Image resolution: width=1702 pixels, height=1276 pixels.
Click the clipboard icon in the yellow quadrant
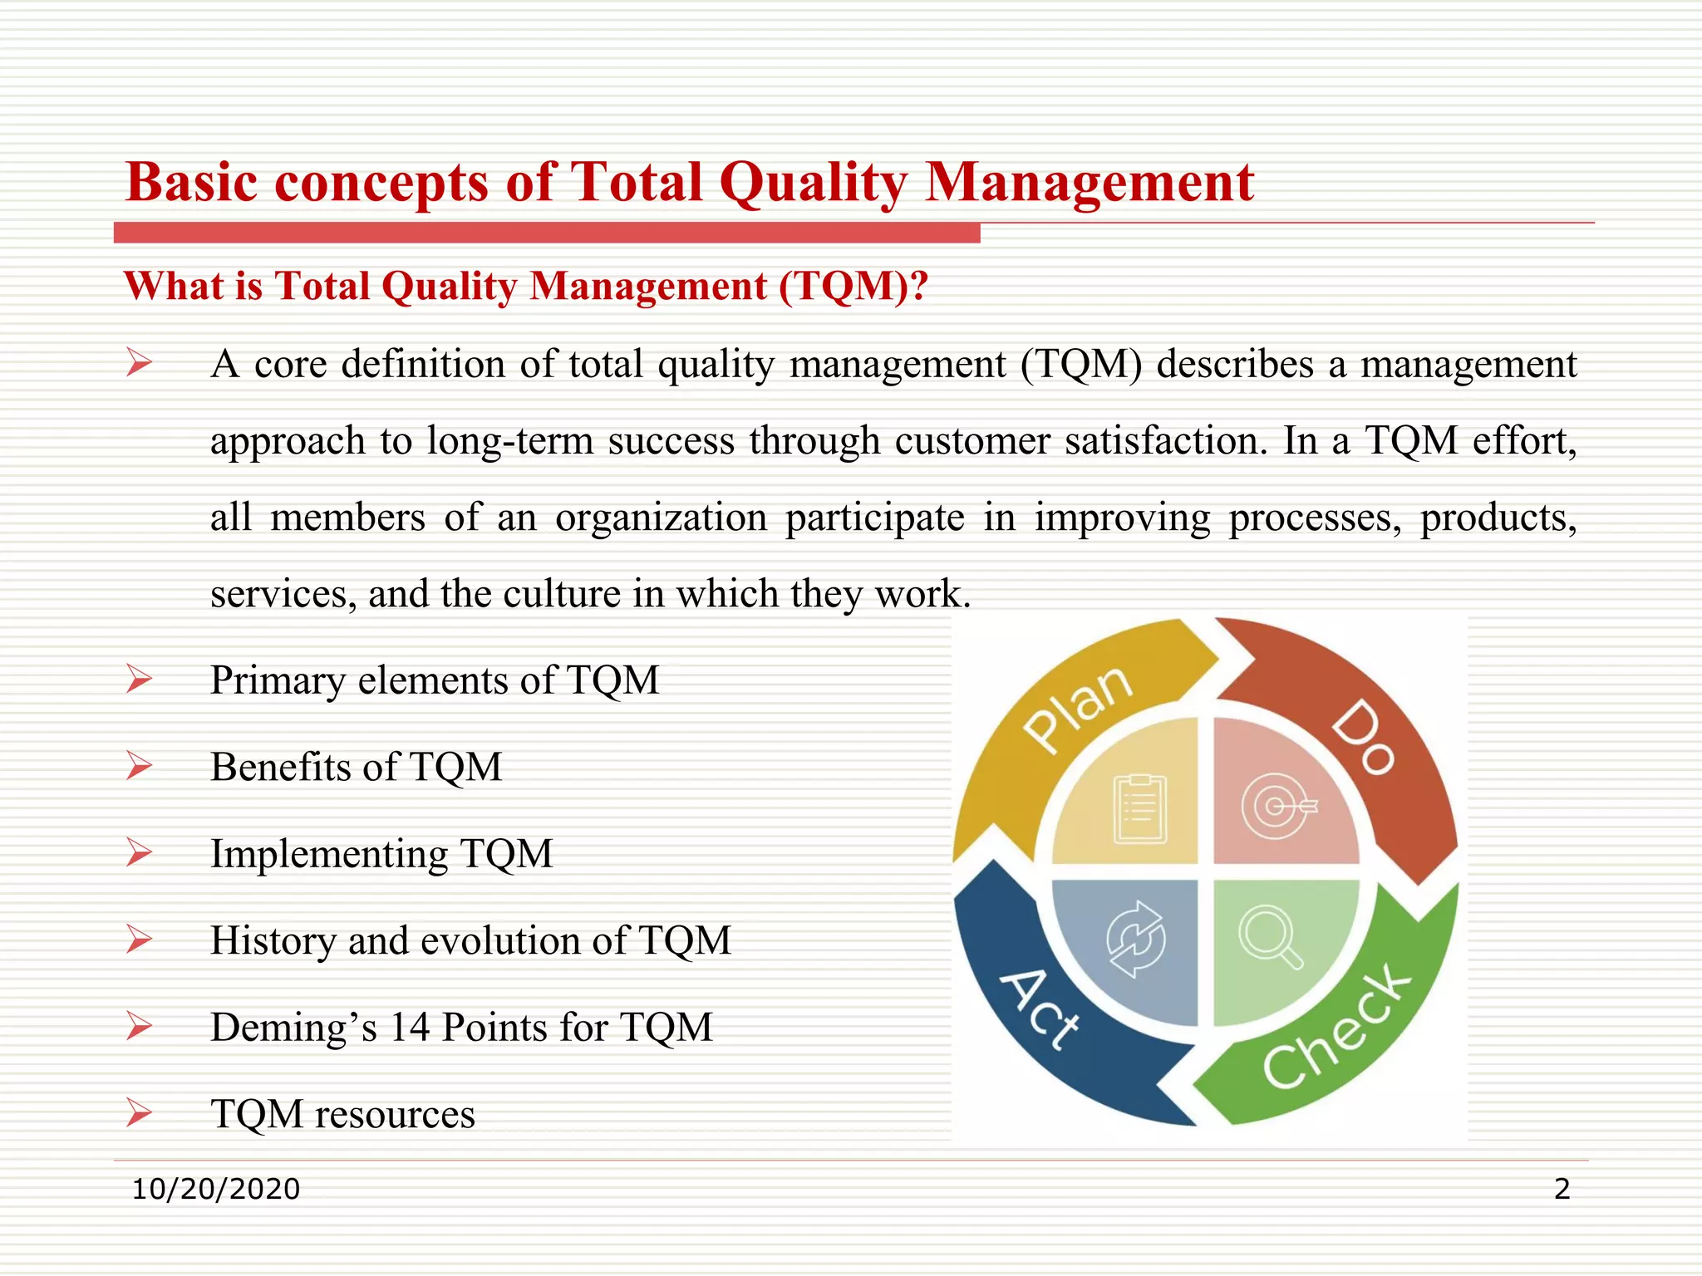[1140, 808]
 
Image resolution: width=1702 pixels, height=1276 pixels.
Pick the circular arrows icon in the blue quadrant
[1135, 940]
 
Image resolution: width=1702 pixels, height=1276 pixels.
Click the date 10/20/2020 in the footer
[216, 1189]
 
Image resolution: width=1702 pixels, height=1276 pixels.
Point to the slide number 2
[1562, 1189]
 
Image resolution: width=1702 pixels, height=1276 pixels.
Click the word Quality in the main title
[814, 183]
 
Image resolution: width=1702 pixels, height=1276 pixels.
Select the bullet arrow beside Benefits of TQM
[139, 766]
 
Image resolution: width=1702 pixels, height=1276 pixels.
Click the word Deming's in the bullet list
[293, 1028]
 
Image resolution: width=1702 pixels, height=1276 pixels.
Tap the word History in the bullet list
[273, 941]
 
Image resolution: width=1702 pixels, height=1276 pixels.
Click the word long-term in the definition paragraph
[509, 440]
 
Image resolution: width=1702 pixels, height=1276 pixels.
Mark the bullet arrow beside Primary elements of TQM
[139, 680]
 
